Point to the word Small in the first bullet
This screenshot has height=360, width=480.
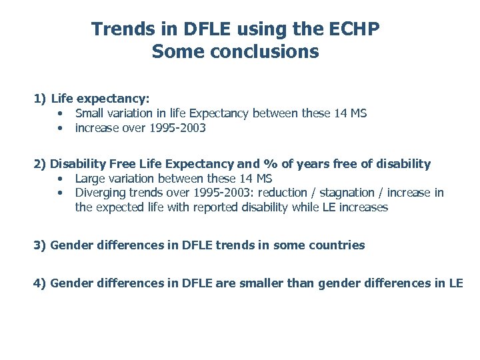click(x=89, y=113)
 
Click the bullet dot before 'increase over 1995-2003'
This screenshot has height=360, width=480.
click(x=60, y=128)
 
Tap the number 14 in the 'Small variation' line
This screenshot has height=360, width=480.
click(x=341, y=113)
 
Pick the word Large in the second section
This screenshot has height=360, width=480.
click(x=89, y=178)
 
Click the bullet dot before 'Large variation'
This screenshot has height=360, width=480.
click(x=60, y=178)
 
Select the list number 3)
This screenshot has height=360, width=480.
click(x=40, y=245)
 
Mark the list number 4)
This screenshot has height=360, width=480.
click(x=40, y=283)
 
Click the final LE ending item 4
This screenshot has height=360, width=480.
click(x=456, y=283)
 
